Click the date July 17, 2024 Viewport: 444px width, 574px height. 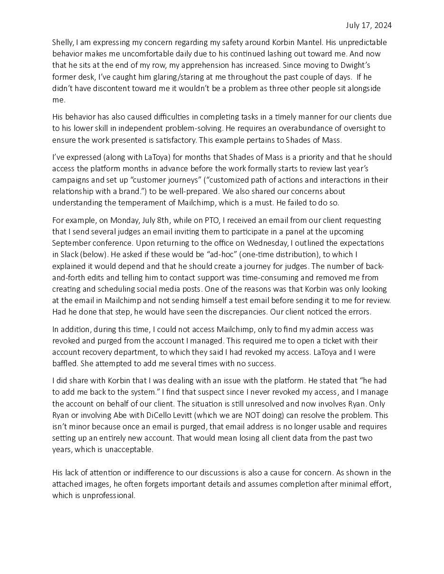pyautogui.click(x=369, y=25)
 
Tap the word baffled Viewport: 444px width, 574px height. pyautogui.click(x=64, y=363)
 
